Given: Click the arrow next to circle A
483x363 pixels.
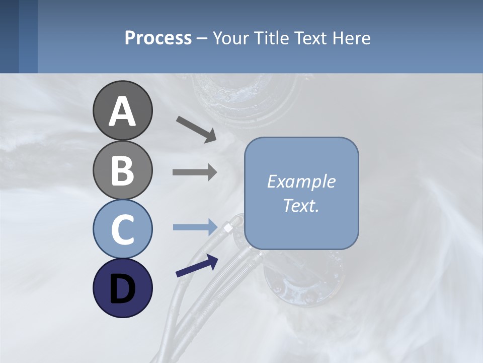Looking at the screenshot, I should (196, 129).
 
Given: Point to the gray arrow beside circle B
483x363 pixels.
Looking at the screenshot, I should (195, 172).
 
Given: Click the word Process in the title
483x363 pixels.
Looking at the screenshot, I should (158, 38).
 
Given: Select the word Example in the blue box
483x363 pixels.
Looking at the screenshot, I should (301, 181).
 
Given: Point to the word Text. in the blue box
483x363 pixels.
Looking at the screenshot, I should (301, 205).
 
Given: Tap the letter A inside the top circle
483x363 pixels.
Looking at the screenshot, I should (122, 111).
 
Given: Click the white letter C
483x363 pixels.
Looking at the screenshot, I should (122, 229).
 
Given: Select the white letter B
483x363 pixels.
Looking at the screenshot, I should (122, 170).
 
